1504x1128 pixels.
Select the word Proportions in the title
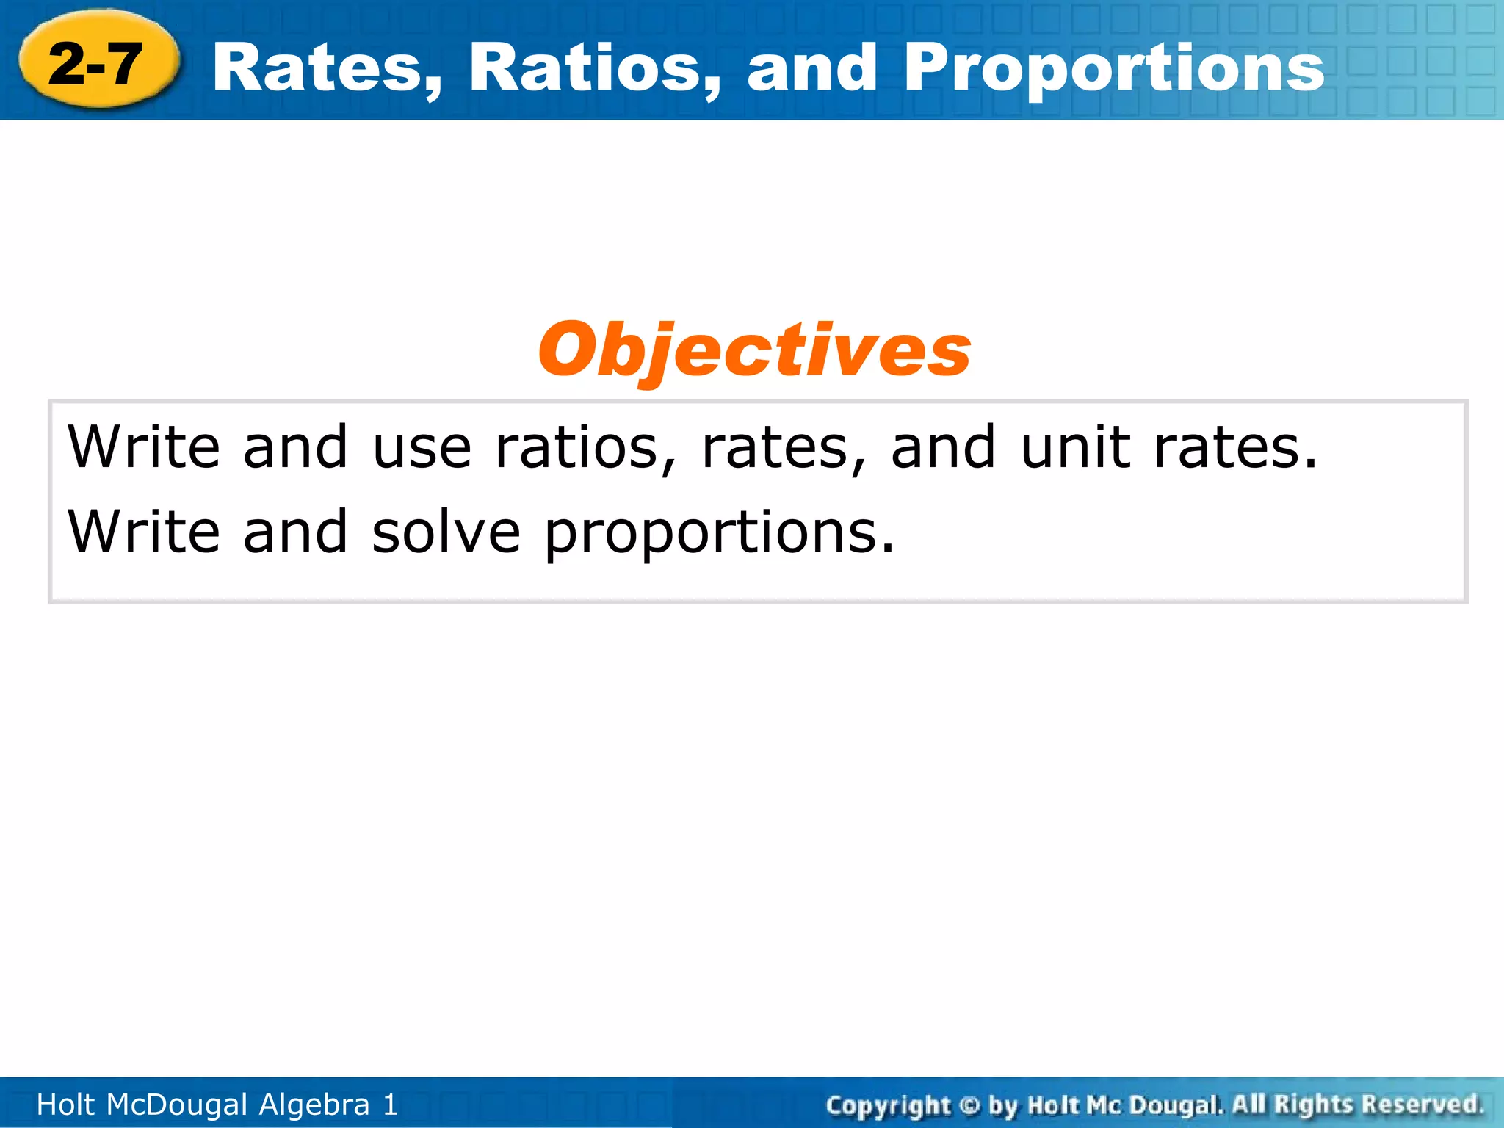coord(1113,68)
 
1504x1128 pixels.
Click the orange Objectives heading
coord(754,350)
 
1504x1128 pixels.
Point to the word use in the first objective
coord(422,447)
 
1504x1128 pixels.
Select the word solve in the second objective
coord(446,532)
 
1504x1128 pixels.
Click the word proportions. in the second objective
coord(720,533)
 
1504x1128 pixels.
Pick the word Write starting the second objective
coord(144,532)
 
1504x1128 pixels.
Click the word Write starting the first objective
coord(144,447)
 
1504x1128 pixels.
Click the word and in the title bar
coord(812,68)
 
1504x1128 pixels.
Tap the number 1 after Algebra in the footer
coord(390,1104)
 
